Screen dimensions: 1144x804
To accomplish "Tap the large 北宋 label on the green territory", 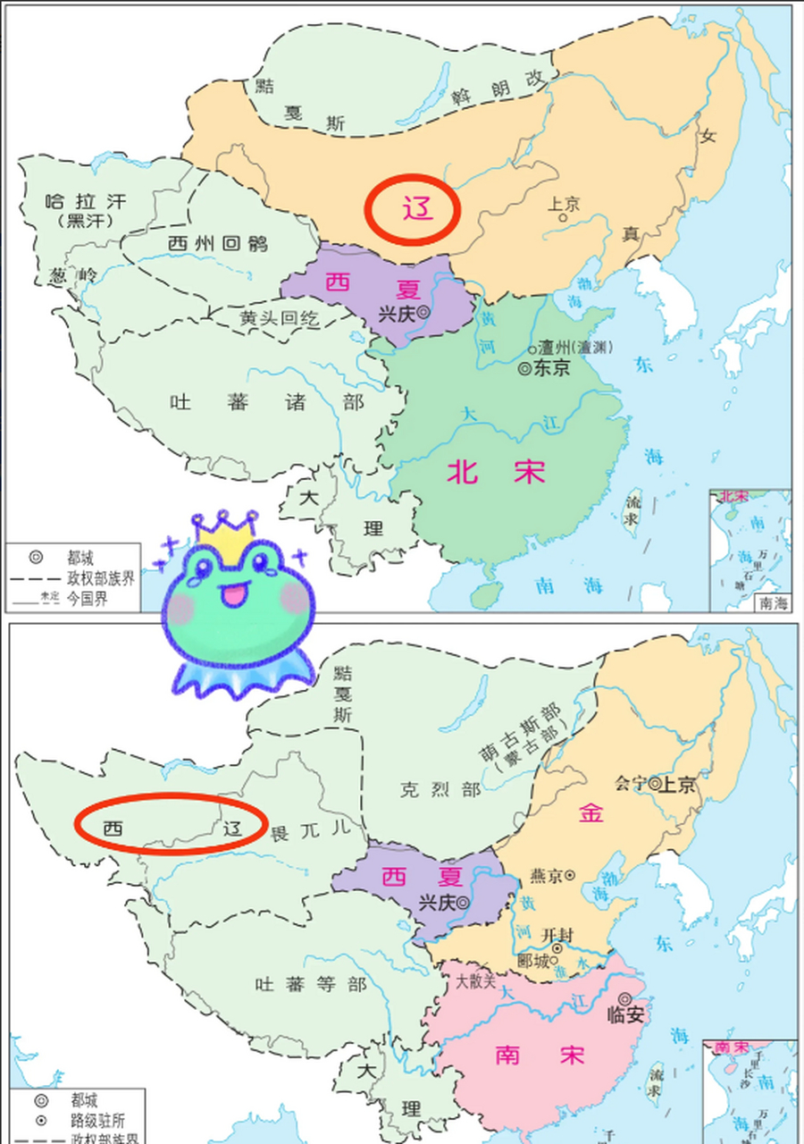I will tap(496, 471).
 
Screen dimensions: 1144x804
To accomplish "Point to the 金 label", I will tap(590, 812).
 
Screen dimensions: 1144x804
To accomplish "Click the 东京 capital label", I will tap(550, 368).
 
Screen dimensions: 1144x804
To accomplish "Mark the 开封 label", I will tap(557, 932).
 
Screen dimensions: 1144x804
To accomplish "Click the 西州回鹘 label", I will tap(217, 242).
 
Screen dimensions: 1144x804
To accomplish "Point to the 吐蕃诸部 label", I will tap(267, 402).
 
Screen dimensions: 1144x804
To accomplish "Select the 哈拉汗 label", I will tap(87, 201).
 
